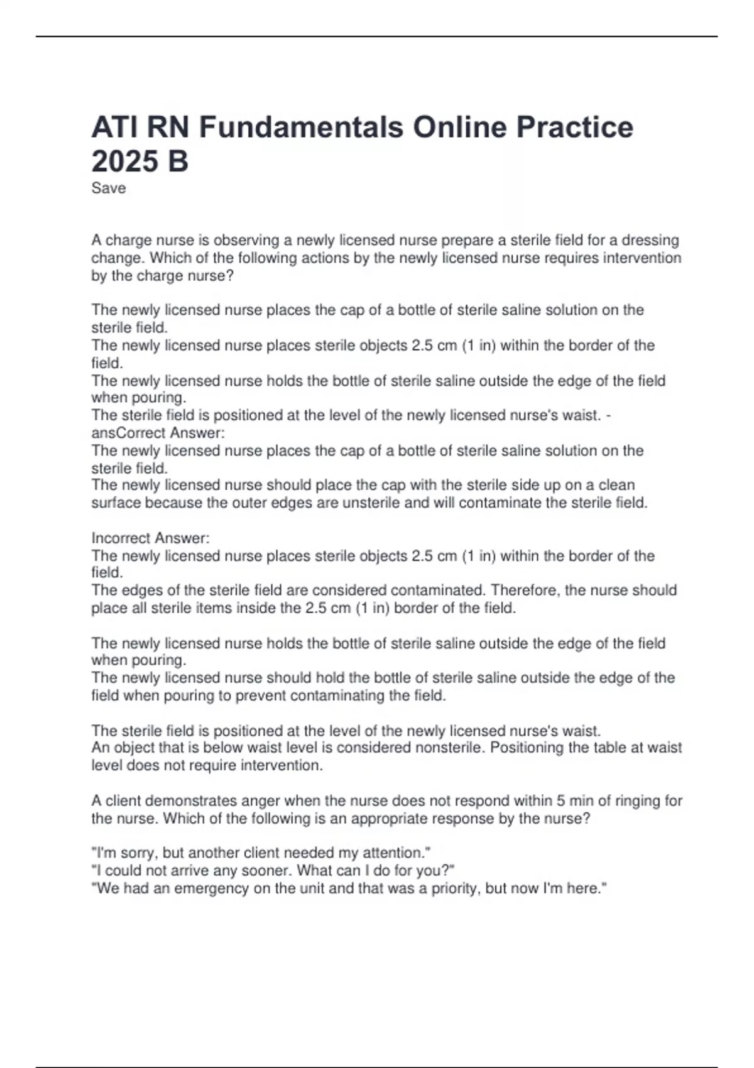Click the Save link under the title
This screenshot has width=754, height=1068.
click(x=108, y=188)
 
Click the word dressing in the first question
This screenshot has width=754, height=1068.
click(x=650, y=241)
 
